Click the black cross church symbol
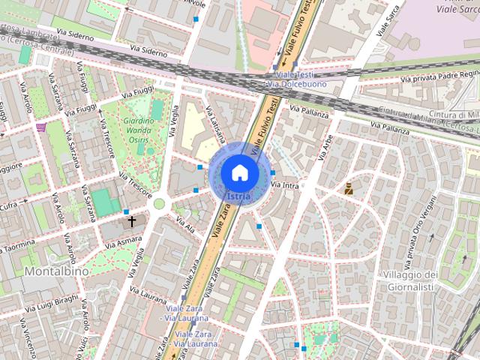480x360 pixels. (x=133, y=221)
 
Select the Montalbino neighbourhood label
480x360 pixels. (x=56, y=271)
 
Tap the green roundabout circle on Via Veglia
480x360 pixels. (x=159, y=203)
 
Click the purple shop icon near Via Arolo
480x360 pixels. (x=40, y=127)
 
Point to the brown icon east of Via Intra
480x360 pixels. (x=349, y=189)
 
